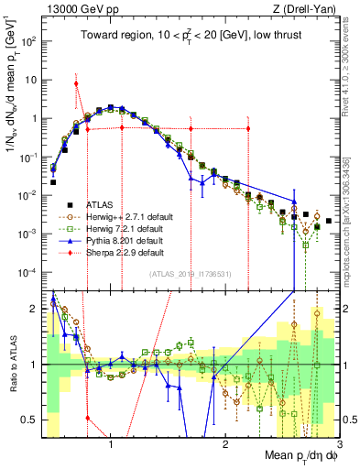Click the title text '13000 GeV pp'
tap(69, 10)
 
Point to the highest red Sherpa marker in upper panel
tap(76, 83)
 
